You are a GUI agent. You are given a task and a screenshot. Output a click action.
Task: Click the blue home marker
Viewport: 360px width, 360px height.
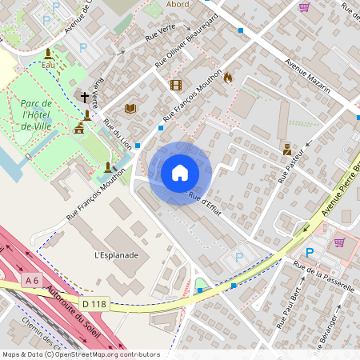click(180, 172)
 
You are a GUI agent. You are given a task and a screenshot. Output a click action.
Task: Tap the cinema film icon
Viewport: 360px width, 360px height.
click(175, 85)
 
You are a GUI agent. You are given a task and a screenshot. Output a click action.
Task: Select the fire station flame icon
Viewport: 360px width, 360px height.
click(228, 78)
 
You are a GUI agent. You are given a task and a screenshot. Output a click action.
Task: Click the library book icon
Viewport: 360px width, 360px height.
click(130, 108)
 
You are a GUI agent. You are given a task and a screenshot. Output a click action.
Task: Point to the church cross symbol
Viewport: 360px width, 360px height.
click(85, 98)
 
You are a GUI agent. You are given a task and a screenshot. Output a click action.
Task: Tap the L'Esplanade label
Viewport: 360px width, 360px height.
click(117, 255)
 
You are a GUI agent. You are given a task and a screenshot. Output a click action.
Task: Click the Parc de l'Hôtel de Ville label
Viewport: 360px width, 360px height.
click(36, 115)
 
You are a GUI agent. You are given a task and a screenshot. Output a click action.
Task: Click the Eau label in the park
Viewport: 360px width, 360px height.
click(48, 64)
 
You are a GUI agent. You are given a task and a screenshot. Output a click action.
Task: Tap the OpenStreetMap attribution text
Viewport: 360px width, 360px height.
click(80, 354)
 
